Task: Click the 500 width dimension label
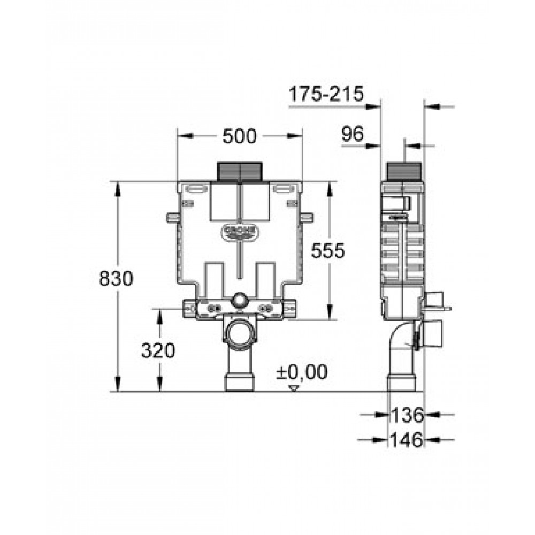click(239, 136)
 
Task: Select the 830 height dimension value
click(116, 278)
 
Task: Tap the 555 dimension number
click(328, 251)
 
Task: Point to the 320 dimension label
click(158, 351)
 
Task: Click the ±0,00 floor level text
click(302, 372)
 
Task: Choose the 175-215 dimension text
click(326, 94)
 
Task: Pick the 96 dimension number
click(353, 134)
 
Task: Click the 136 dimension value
click(407, 415)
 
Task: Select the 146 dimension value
click(407, 440)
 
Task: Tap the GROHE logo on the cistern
click(240, 232)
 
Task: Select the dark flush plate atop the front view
click(240, 171)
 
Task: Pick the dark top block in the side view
click(404, 171)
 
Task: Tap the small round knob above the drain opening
click(240, 300)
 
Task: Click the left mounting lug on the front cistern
click(173, 217)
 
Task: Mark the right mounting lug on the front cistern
click(307, 217)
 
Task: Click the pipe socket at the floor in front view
click(240, 383)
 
